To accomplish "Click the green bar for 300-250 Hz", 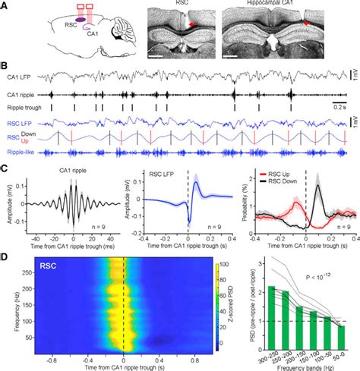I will click(271, 318).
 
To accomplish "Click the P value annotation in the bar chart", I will click(319, 278).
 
